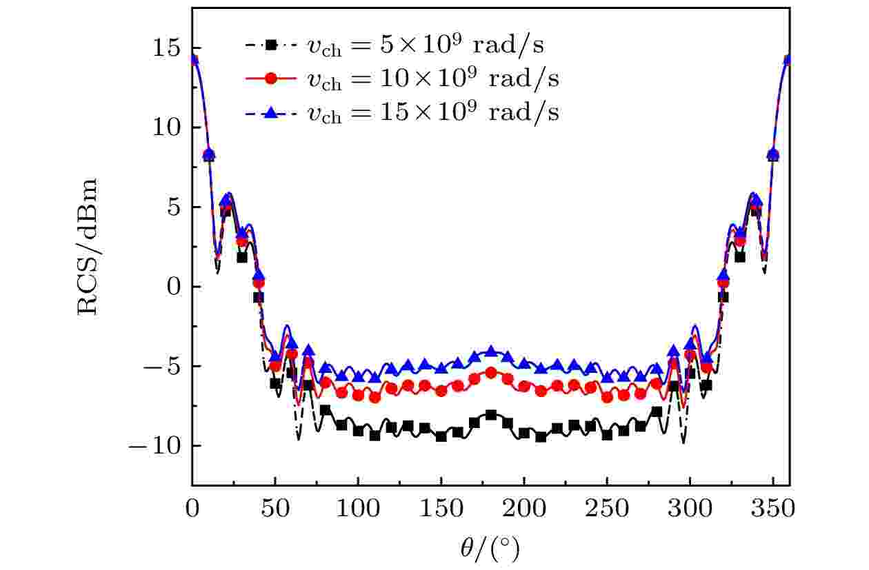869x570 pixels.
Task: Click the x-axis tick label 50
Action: (x=275, y=510)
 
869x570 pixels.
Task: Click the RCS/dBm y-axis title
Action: (x=88, y=247)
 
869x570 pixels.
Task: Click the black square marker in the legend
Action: (x=272, y=45)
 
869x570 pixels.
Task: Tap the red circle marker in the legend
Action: (x=272, y=79)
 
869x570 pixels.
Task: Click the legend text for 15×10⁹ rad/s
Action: (x=432, y=112)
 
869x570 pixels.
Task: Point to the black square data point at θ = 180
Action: (x=491, y=415)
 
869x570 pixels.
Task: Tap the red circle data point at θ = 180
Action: (x=491, y=373)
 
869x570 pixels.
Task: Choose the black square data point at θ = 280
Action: (x=657, y=412)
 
